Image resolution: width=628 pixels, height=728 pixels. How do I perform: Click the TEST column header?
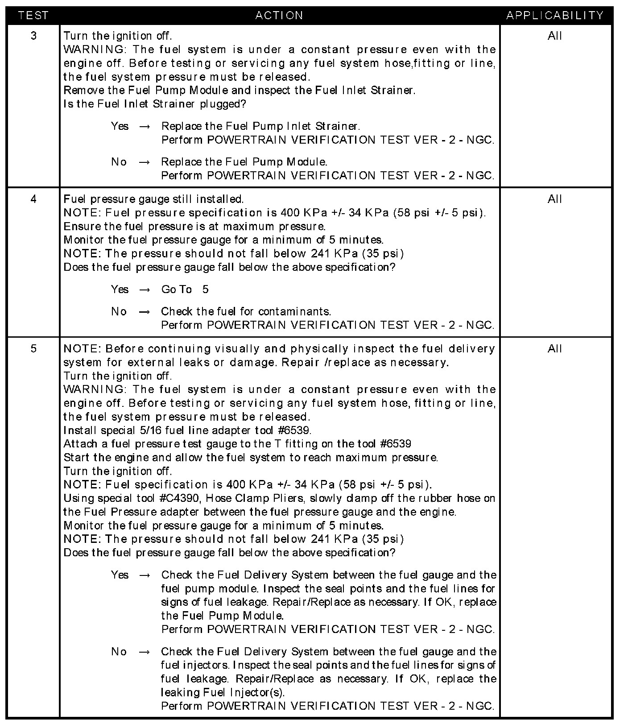(x=33, y=16)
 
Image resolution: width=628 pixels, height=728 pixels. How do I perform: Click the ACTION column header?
(x=279, y=16)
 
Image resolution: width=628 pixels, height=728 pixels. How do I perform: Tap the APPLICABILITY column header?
(x=555, y=16)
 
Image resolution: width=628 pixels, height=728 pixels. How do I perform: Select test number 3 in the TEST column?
(x=34, y=36)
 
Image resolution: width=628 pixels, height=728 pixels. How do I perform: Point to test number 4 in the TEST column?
(x=34, y=199)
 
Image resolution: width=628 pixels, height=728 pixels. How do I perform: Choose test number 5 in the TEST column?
(x=34, y=348)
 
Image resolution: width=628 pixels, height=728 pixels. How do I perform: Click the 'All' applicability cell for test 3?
(x=555, y=36)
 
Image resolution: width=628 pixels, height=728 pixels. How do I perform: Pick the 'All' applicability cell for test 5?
(x=555, y=348)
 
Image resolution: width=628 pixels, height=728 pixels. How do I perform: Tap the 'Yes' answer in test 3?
(x=120, y=126)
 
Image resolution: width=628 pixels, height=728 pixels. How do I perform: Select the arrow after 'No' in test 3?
(x=144, y=162)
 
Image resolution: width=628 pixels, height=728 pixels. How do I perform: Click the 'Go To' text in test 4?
(x=176, y=290)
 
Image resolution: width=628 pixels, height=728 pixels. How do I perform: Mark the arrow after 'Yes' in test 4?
(x=144, y=290)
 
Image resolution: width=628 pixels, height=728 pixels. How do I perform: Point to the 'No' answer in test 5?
(x=119, y=652)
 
